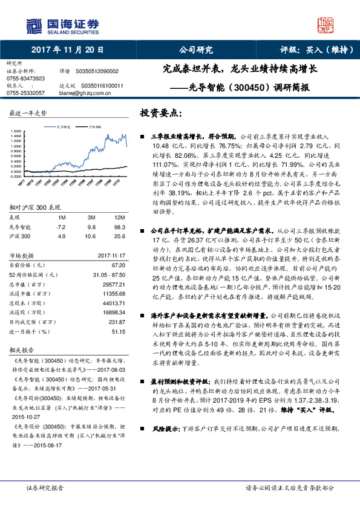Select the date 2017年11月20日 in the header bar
(x=67, y=50)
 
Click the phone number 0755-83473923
(x=25, y=79)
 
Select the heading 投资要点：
(x=160, y=113)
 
